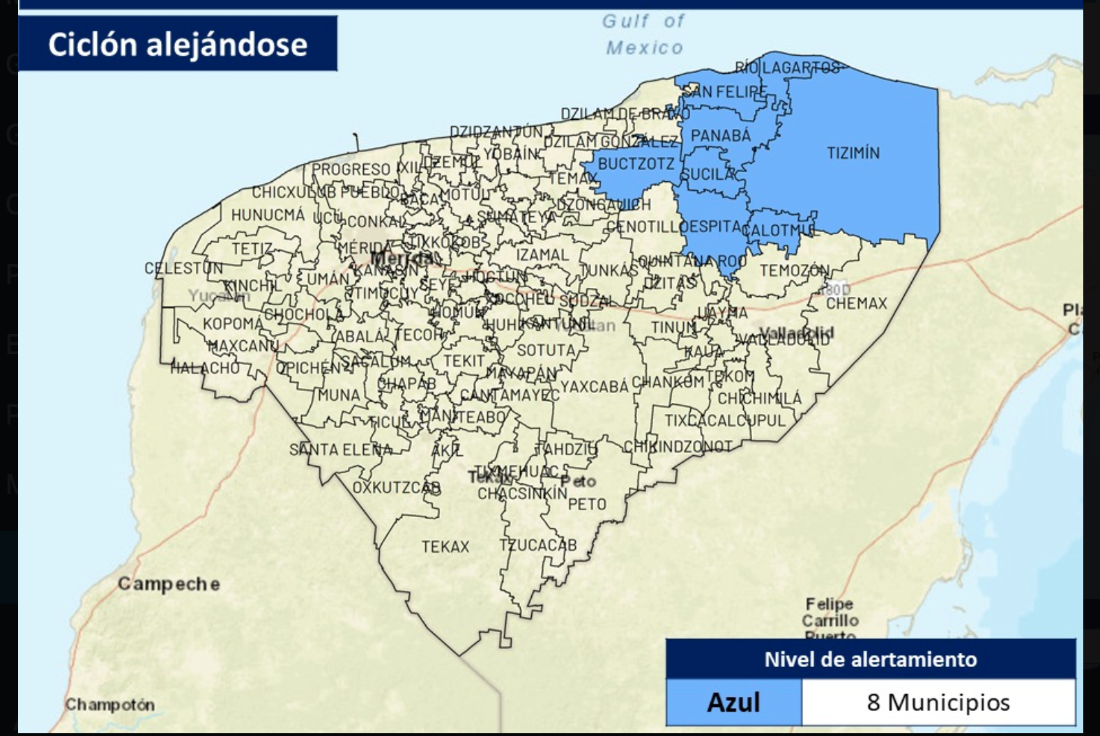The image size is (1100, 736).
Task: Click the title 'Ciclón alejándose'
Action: pos(177,44)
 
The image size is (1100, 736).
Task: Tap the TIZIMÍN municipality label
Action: pos(853,153)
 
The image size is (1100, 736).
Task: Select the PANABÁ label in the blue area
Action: pos(720,135)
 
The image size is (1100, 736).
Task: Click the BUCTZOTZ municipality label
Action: pos(636,164)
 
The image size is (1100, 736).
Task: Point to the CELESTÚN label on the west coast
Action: pos(183,268)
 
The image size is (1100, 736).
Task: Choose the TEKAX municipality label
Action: pos(445,546)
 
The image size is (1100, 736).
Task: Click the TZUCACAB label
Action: pos(537,544)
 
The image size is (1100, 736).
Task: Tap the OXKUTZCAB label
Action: pos(396,487)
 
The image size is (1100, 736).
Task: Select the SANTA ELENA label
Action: pos(341,450)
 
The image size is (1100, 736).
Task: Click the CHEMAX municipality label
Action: pos(856,303)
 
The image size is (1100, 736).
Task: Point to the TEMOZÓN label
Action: pos(794,270)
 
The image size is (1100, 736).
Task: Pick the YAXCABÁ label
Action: pos(594,385)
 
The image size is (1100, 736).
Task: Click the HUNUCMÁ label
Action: pos(268,215)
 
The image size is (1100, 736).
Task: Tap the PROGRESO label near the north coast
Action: pos(351,169)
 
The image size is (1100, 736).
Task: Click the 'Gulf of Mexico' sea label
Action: pos(643,34)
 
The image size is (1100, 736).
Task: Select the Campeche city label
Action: pos(168,583)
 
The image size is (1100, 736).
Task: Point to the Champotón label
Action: pos(109,704)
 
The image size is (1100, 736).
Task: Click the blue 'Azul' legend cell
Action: pos(733,702)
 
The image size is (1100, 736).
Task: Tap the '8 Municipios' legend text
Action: pos(938,702)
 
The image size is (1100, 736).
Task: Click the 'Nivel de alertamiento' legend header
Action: pos(870,659)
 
